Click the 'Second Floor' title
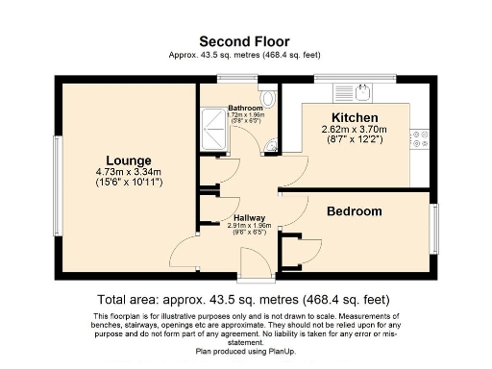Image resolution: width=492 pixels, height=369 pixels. (245, 40)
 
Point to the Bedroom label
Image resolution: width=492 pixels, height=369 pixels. (354, 211)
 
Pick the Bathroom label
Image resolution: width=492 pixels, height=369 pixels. (246, 108)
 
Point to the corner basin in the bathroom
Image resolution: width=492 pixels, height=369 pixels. (273, 145)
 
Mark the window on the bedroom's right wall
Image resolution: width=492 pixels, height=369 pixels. (432, 231)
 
